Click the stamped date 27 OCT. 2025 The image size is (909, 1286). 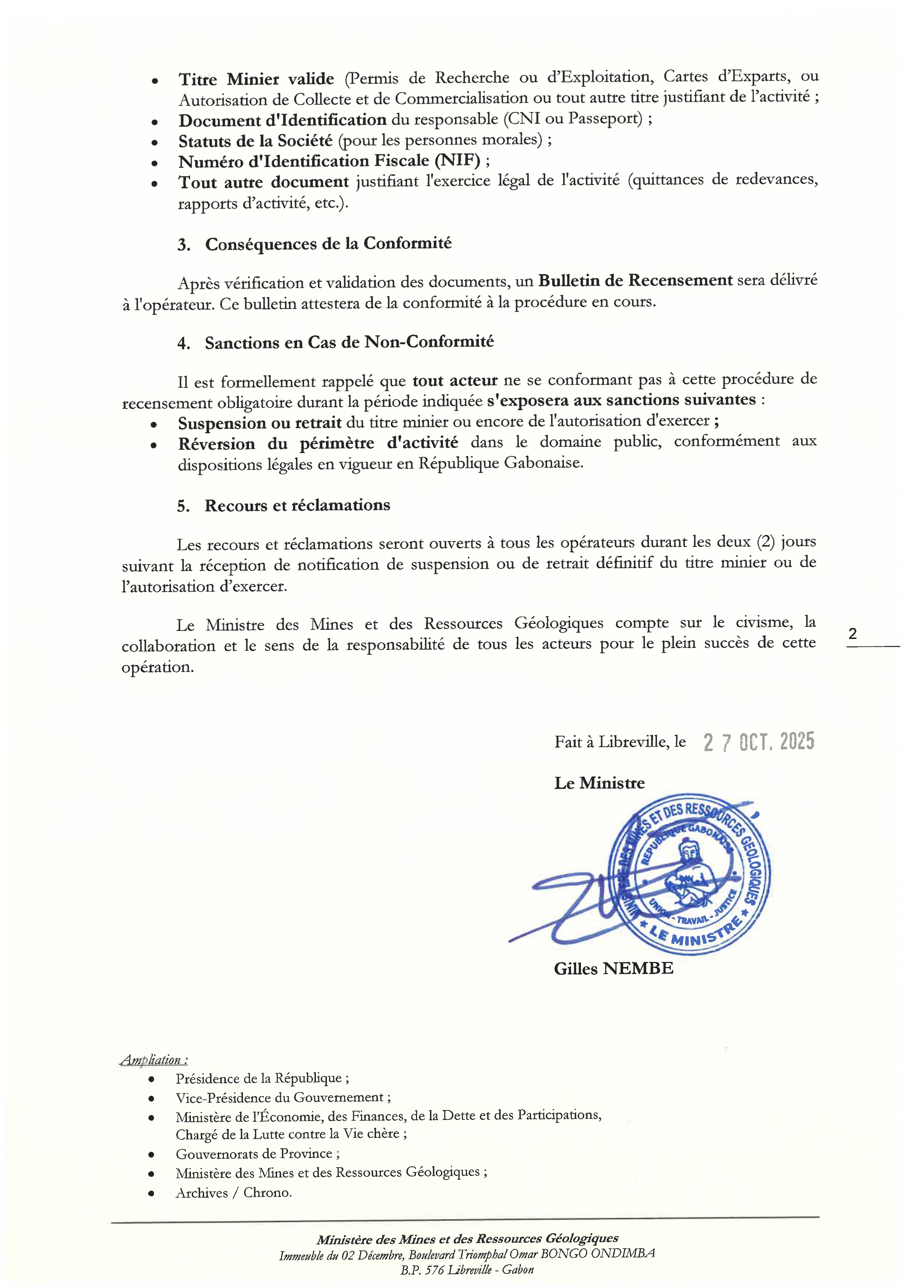click(759, 742)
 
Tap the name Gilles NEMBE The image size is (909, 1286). click(613, 969)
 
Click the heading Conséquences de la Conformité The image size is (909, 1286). click(328, 244)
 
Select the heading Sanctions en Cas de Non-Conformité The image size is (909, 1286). click(349, 342)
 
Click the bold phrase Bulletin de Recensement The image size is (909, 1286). click(635, 280)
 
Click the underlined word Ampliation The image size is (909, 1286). click(152, 1060)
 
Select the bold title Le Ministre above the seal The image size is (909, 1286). click(599, 783)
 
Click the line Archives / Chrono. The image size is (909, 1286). click(233, 1193)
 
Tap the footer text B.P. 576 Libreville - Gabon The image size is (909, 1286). click(467, 1270)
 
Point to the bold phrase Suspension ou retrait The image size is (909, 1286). click(260, 423)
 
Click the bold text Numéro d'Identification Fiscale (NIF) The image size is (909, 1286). click(329, 161)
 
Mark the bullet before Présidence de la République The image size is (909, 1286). click(152, 1079)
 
